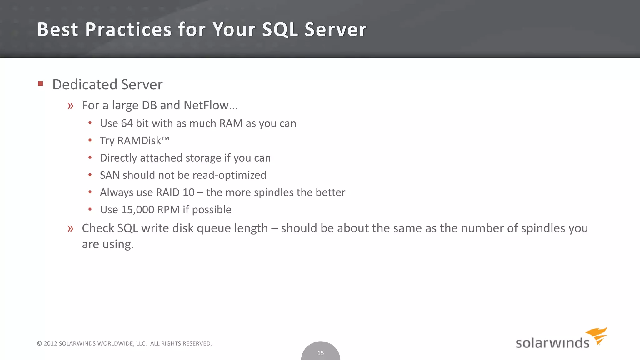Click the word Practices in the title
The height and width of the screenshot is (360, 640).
128,30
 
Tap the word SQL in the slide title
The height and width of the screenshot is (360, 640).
280,30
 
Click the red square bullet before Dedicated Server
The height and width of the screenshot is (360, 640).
40,84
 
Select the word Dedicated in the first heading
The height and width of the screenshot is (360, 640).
85,84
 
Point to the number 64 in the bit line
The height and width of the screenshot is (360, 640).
127,123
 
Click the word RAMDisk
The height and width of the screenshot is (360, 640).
139,141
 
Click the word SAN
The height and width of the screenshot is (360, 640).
110,175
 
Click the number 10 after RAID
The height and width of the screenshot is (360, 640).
189,192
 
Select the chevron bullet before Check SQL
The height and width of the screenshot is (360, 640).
70,229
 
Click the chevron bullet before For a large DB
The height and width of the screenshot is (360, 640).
70,106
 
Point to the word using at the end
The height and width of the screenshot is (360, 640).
118,244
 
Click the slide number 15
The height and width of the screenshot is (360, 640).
321,353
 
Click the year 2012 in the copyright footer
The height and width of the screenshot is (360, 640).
50,343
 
